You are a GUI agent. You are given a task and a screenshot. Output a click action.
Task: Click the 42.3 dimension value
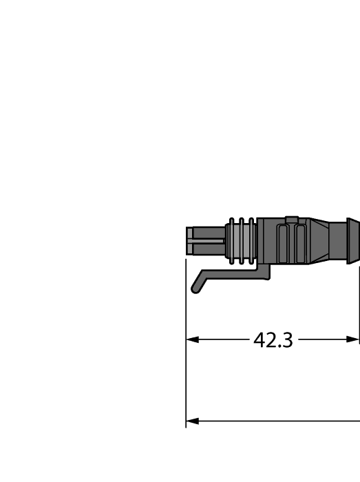coord(273,340)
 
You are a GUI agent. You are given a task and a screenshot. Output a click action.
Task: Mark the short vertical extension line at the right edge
coord(359,303)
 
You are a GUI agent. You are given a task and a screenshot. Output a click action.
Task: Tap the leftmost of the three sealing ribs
coord(232,241)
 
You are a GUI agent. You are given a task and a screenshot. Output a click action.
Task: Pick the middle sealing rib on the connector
coord(242,241)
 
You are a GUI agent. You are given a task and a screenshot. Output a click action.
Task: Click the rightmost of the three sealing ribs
coord(251,241)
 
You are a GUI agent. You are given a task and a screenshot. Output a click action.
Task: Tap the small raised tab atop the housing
coord(291,220)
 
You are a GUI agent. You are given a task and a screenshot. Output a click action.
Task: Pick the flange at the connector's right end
coord(352,241)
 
